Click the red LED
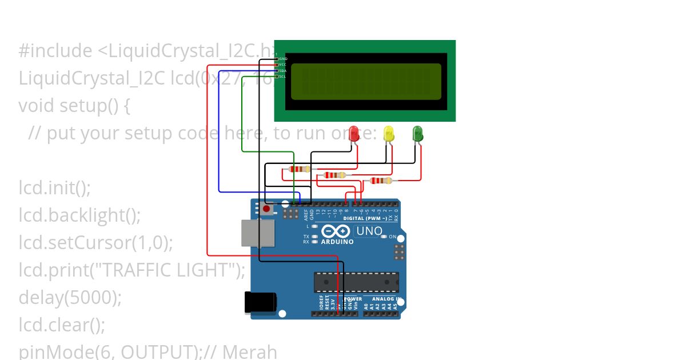tap(354, 134)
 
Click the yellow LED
tap(389, 134)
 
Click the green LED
tap(418, 134)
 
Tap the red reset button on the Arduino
tap(266, 209)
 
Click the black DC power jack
tap(260, 303)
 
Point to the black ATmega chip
tap(356, 282)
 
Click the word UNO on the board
tap(369, 231)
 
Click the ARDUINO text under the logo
tap(337, 242)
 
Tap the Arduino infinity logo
tap(336, 231)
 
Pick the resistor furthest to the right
tap(381, 181)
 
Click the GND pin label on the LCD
tap(283, 59)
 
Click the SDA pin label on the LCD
tap(282, 70)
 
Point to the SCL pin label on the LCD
tap(282, 76)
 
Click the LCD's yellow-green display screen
tap(366, 81)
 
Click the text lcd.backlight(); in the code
tap(79, 215)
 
